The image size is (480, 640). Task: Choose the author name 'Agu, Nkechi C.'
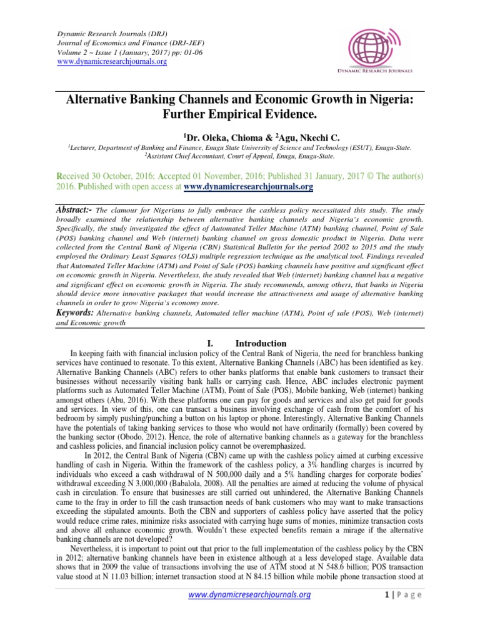(x=288, y=136)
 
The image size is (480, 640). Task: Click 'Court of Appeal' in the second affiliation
(x=265, y=156)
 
